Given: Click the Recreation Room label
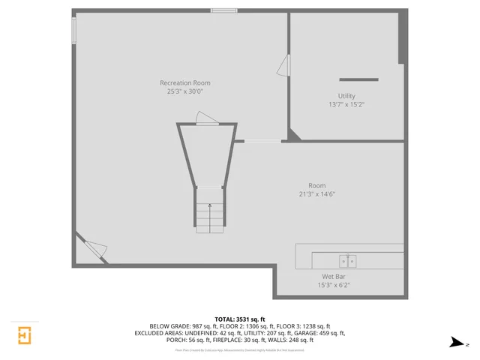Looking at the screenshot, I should (184, 82).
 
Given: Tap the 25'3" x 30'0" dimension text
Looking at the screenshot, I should (184, 91).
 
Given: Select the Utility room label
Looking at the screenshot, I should (346, 96).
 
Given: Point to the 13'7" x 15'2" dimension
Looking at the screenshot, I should (346, 104).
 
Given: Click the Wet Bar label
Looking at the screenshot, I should (334, 276).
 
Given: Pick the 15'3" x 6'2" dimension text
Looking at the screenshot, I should (334, 284).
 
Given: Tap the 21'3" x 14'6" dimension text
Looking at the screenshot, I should (317, 194).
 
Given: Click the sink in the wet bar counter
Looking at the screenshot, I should (346, 261).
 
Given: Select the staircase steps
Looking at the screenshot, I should (210, 217).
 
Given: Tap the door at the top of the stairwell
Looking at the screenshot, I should (205, 118).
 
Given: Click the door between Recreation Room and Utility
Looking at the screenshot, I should (283, 65).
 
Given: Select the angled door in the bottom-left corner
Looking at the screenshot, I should (93, 249).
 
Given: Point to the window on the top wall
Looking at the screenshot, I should (224, 10).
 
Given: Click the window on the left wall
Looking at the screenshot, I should (73, 31).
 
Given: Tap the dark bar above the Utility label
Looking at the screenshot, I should (358, 79).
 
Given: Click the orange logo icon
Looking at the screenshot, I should (25, 334).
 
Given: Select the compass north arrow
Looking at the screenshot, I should (456, 343).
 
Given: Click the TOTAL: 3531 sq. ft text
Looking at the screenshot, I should (240, 319).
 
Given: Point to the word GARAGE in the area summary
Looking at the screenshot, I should (311, 333).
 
